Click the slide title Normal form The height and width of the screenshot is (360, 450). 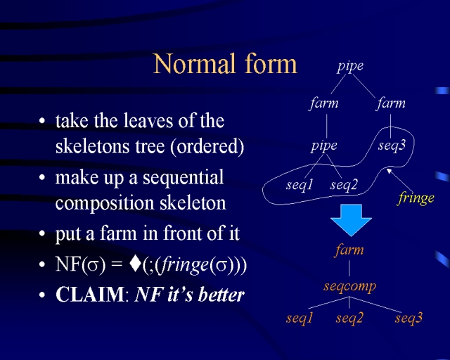(x=225, y=64)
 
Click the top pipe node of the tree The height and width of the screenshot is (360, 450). (x=350, y=66)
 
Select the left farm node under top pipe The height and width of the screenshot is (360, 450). (x=324, y=103)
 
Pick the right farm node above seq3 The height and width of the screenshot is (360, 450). (x=391, y=103)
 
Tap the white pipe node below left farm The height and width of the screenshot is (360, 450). (x=324, y=146)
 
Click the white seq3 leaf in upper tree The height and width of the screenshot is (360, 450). (x=392, y=146)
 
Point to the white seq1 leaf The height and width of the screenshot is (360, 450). (x=300, y=185)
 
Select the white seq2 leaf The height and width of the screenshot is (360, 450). (x=344, y=185)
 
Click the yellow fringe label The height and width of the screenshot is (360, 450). (x=416, y=198)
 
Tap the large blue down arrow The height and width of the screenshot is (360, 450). (x=351, y=219)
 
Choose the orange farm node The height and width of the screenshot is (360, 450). (x=349, y=250)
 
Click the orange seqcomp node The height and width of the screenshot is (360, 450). (x=350, y=286)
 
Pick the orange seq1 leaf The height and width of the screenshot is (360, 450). (x=300, y=318)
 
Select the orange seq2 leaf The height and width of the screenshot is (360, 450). (x=349, y=318)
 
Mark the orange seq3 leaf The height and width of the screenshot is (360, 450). (x=409, y=318)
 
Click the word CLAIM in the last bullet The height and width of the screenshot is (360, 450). (x=90, y=295)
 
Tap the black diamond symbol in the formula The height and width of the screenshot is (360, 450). (x=135, y=264)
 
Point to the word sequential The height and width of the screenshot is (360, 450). (x=183, y=177)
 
